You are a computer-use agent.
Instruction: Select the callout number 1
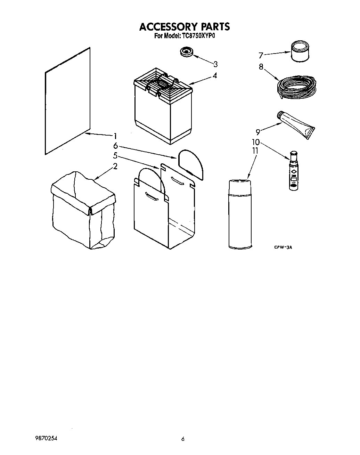(x=115, y=136)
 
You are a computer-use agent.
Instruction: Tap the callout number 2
(x=115, y=166)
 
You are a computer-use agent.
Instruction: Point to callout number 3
(x=215, y=64)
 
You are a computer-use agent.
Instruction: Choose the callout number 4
(x=215, y=75)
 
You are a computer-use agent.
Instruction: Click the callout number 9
(x=258, y=132)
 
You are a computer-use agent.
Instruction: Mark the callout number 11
(x=255, y=151)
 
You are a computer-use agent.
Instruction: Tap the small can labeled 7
(x=300, y=51)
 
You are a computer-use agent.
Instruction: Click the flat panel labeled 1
(x=67, y=101)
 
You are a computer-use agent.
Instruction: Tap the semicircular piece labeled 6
(x=191, y=162)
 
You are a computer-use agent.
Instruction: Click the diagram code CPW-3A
(x=281, y=247)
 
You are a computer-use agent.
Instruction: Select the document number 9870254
(x=46, y=439)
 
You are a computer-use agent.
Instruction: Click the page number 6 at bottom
(x=182, y=439)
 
